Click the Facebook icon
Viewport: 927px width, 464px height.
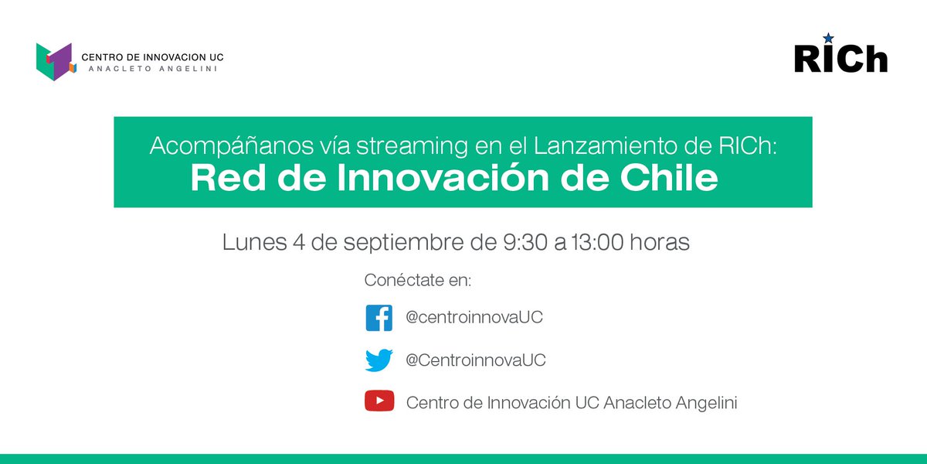379,319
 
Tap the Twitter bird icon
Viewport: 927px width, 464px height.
379,360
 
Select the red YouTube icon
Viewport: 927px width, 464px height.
379,402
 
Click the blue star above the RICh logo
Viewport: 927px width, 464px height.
829,38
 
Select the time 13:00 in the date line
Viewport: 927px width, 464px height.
597,242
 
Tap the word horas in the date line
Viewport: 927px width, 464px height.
660,242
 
